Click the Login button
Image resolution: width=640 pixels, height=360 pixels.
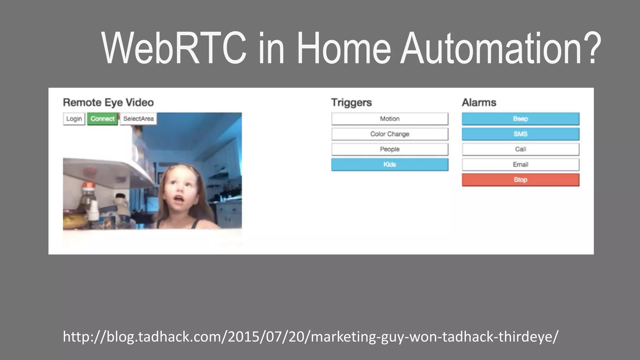tap(74, 119)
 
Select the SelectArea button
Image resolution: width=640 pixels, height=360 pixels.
tap(138, 119)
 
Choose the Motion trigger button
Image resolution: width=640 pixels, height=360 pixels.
tap(390, 119)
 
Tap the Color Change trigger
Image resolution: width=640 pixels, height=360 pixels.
tap(390, 134)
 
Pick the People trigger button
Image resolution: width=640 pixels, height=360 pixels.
tap(390, 149)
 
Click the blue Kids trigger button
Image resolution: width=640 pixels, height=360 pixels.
tap(390, 165)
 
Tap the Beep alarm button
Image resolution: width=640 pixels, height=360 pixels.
tap(520, 119)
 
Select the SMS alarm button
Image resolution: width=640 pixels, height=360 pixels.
tap(520, 134)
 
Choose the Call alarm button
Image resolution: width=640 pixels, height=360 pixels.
tap(520, 149)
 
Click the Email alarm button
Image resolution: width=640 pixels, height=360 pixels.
tap(520, 165)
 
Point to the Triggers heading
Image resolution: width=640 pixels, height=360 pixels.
tap(351, 102)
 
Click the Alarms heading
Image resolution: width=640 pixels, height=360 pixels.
tap(479, 102)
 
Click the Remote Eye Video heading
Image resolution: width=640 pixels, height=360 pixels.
tap(108, 102)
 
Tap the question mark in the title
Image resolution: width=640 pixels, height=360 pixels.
tap(590, 48)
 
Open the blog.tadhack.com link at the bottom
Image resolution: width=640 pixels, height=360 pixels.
tap(310, 337)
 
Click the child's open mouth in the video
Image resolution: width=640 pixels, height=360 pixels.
tap(178, 199)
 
